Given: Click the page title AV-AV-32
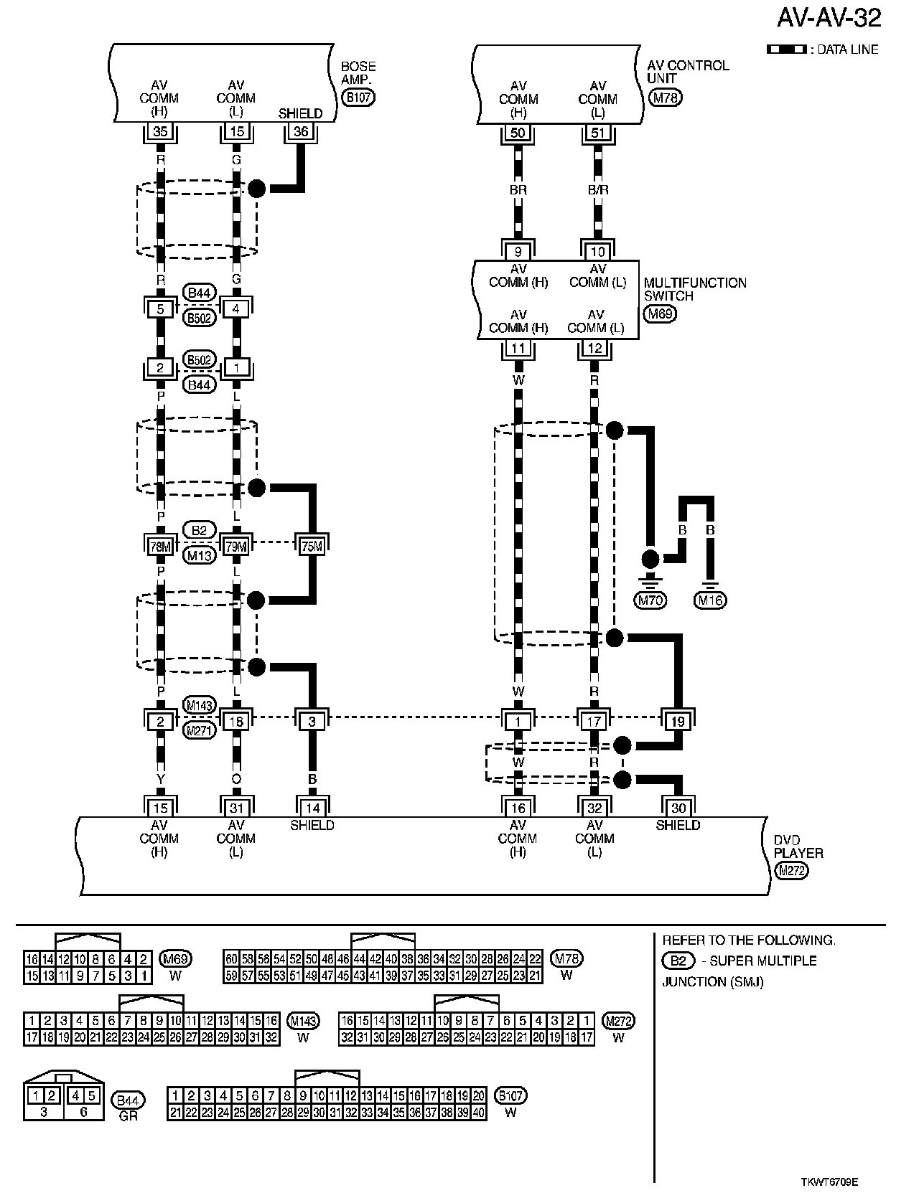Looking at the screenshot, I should tap(829, 19).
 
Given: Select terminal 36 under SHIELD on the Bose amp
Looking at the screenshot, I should tap(301, 132).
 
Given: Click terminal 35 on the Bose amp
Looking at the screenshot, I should tap(160, 132).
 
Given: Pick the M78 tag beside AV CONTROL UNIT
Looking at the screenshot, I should tap(665, 98).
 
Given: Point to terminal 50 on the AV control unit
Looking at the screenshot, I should tap(518, 132).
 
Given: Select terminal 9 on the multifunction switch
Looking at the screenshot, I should tap(518, 252).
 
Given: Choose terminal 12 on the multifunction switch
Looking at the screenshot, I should tap(594, 349).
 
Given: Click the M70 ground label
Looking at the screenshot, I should tap(650, 600).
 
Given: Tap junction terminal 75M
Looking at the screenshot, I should tap(312, 546).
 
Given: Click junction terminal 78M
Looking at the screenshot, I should tap(160, 546).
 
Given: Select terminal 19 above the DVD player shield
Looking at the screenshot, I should tap(678, 721).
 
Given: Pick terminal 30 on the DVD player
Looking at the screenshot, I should tap(678, 808).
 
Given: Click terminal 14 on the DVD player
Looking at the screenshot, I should tap(312, 808).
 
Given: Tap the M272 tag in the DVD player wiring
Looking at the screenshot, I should tap(792, 872).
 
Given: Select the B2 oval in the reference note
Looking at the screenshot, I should tap(677, 961).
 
